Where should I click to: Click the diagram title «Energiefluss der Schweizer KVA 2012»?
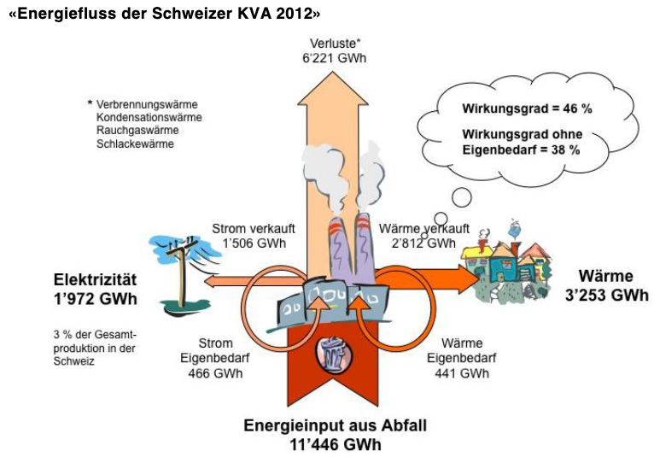click(164, 15)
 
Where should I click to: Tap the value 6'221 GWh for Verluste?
click(334, 56)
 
